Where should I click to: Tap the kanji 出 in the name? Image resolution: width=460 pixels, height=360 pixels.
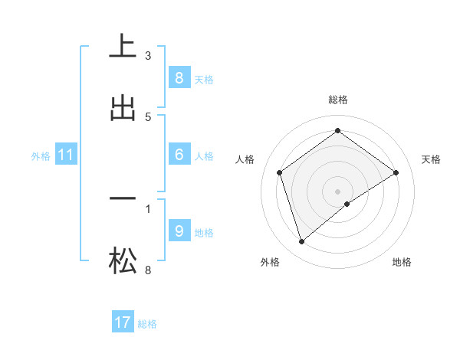[123, 108]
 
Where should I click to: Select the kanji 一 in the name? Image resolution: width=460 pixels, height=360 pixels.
[123, 198]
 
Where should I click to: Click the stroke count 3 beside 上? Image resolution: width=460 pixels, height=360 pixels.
[148, 55]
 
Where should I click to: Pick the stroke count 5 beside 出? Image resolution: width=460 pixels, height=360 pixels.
[148, 116]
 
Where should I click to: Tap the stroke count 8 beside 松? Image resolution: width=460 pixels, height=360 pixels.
[148, 270]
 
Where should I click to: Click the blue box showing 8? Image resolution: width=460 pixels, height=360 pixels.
[179, 77]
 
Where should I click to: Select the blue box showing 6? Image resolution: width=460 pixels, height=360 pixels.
[179, 155]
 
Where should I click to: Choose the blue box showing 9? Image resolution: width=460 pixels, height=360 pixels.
[179, 231]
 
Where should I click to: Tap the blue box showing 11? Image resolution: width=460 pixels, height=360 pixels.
[66, 155]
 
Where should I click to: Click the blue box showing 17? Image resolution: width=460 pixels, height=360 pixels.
[123, 322]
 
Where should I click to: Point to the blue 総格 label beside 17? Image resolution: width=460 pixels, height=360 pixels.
[147, 323]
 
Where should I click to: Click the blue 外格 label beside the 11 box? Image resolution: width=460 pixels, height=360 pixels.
[41, 155]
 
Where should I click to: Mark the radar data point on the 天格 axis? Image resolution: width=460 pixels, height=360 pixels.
[396, 172]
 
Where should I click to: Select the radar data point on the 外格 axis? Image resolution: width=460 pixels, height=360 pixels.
[301, 242]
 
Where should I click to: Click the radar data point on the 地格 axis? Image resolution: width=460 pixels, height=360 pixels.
[347, 204]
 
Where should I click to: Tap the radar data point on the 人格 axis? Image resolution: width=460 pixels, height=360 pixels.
[280, 172]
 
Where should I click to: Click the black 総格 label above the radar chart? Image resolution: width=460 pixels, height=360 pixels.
[338, 100]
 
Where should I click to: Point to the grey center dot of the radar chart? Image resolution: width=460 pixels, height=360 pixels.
[338, 191]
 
